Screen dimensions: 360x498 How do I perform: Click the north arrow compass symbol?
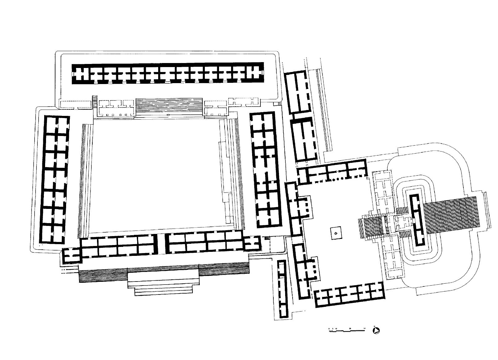(377, 331)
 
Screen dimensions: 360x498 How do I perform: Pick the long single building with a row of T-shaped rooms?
(168, 74)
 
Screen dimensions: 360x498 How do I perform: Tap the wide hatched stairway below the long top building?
(169, 106)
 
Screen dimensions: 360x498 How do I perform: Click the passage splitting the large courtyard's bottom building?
(160, 244)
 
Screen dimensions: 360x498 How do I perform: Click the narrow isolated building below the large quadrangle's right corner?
(282, 289)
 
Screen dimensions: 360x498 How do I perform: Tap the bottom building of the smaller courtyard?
(349, 294)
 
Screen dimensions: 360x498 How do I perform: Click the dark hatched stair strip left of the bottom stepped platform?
(103, 275)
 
